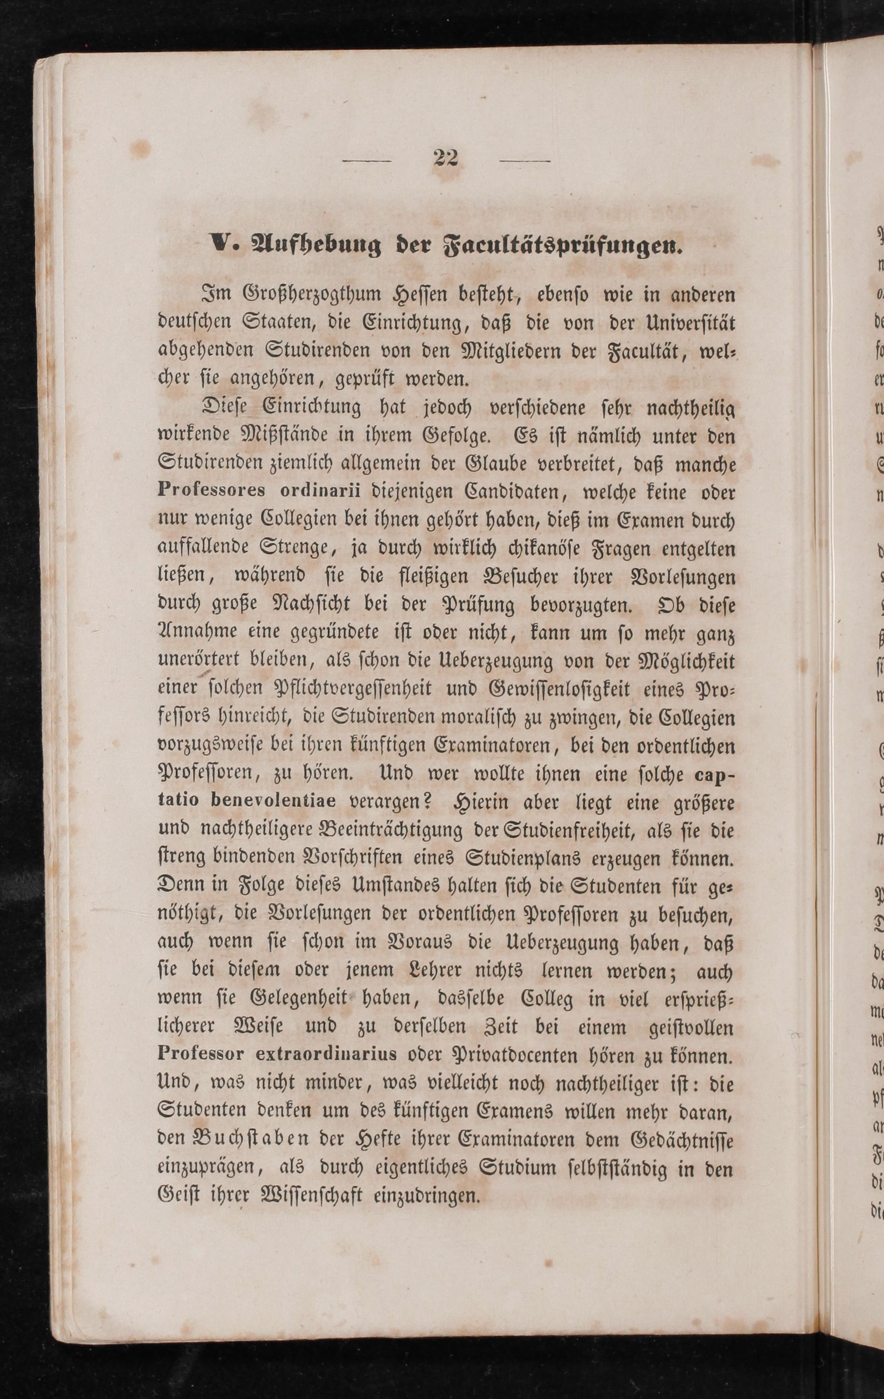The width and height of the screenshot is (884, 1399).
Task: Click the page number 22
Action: point(446,158)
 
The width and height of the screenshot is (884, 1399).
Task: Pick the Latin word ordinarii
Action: point(319,490)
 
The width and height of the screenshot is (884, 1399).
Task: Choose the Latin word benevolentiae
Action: point(273,801)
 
